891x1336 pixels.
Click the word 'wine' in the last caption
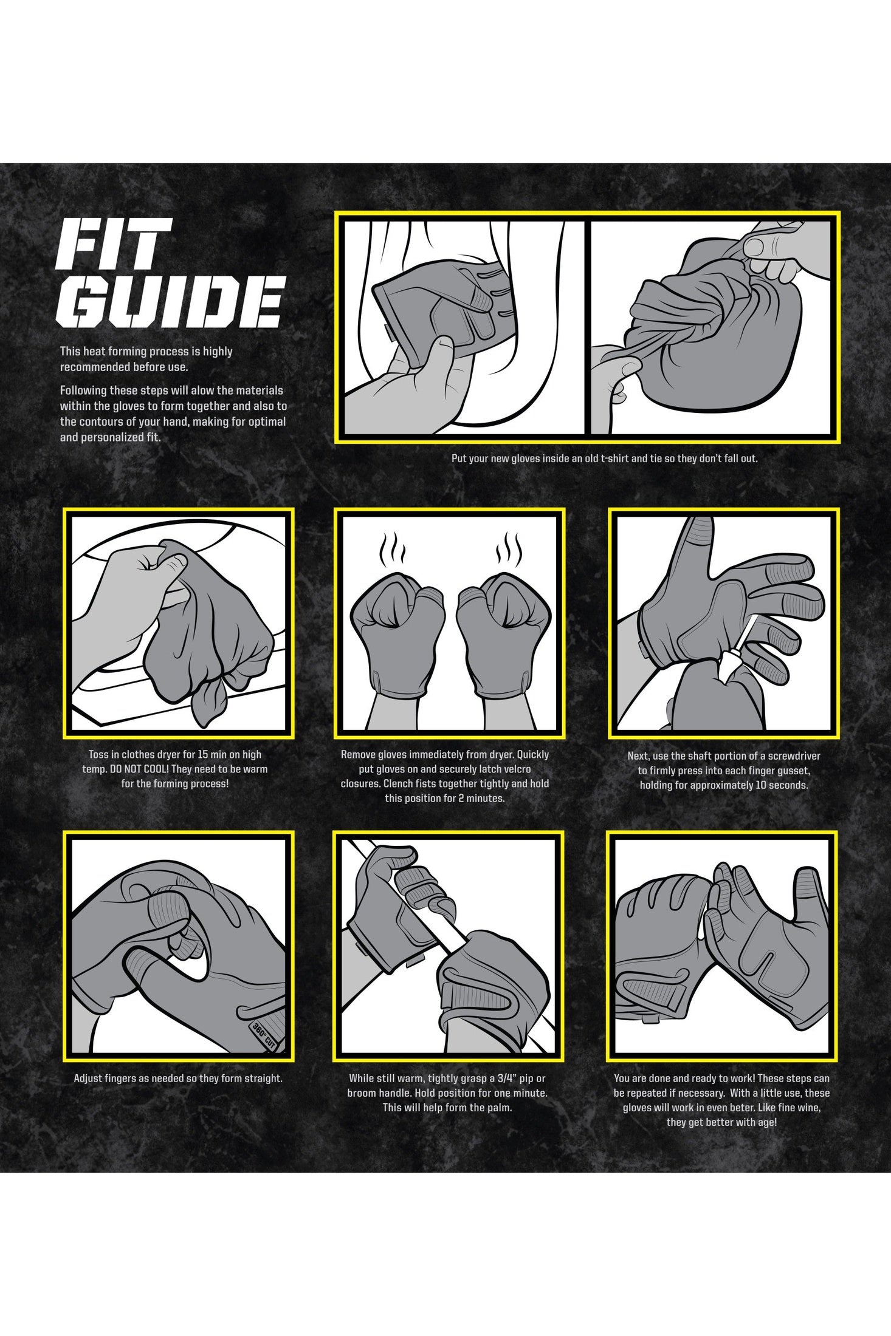pyautogui.click(x=808, y=1108)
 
